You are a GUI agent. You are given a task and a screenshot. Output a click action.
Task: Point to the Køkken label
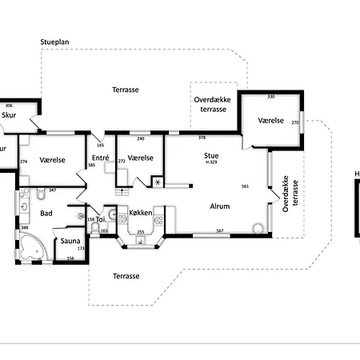tap(140, 213)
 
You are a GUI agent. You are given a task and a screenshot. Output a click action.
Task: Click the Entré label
tap(100, 158)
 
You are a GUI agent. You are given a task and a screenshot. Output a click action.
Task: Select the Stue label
tap(211, 157)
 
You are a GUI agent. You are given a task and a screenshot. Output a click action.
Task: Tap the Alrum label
tap(220, 206)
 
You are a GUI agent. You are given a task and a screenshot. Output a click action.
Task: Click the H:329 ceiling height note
tap(212, 164)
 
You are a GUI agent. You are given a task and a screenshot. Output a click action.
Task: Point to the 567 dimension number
tap(220, 231)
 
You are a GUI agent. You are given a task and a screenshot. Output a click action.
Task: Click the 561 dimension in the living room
tap(245, 186)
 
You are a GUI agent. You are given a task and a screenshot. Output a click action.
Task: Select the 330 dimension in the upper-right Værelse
tap(270, 97)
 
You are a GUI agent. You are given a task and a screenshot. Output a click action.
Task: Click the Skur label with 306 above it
tap(9, 115)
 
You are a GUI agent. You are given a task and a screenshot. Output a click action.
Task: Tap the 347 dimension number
tap(52, 190)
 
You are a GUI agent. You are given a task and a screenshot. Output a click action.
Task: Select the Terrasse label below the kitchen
tap(126, 275)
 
